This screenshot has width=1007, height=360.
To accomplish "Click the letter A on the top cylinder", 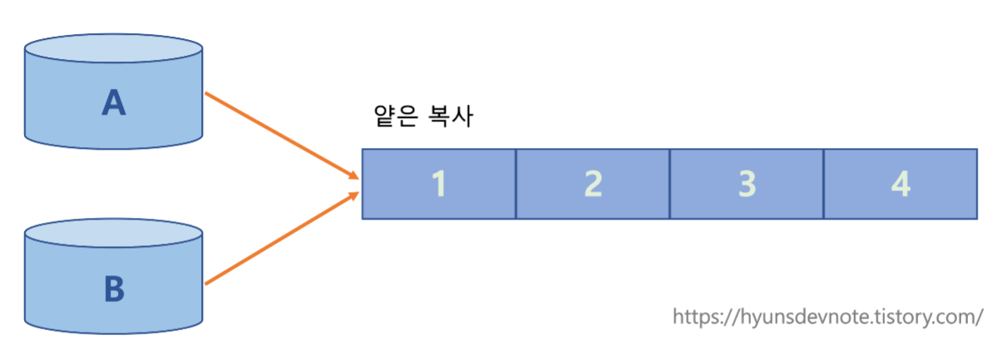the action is (113, 102).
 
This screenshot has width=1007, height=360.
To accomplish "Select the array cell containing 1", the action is (439, 184).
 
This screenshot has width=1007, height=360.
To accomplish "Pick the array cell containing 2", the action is (593, 184).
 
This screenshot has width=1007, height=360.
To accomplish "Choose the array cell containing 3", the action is (747, 184).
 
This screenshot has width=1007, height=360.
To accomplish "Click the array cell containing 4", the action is (901, 184).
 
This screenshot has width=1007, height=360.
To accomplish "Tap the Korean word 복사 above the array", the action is (451, 117).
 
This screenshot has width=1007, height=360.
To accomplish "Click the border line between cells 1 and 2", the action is (516, 184).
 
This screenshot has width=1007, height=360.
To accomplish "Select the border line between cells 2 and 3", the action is (669, 184).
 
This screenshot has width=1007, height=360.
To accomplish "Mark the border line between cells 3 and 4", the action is (823, 184).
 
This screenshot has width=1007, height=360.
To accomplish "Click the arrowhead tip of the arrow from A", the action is (358, 178).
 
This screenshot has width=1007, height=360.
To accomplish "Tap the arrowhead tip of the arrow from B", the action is (358, 194).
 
